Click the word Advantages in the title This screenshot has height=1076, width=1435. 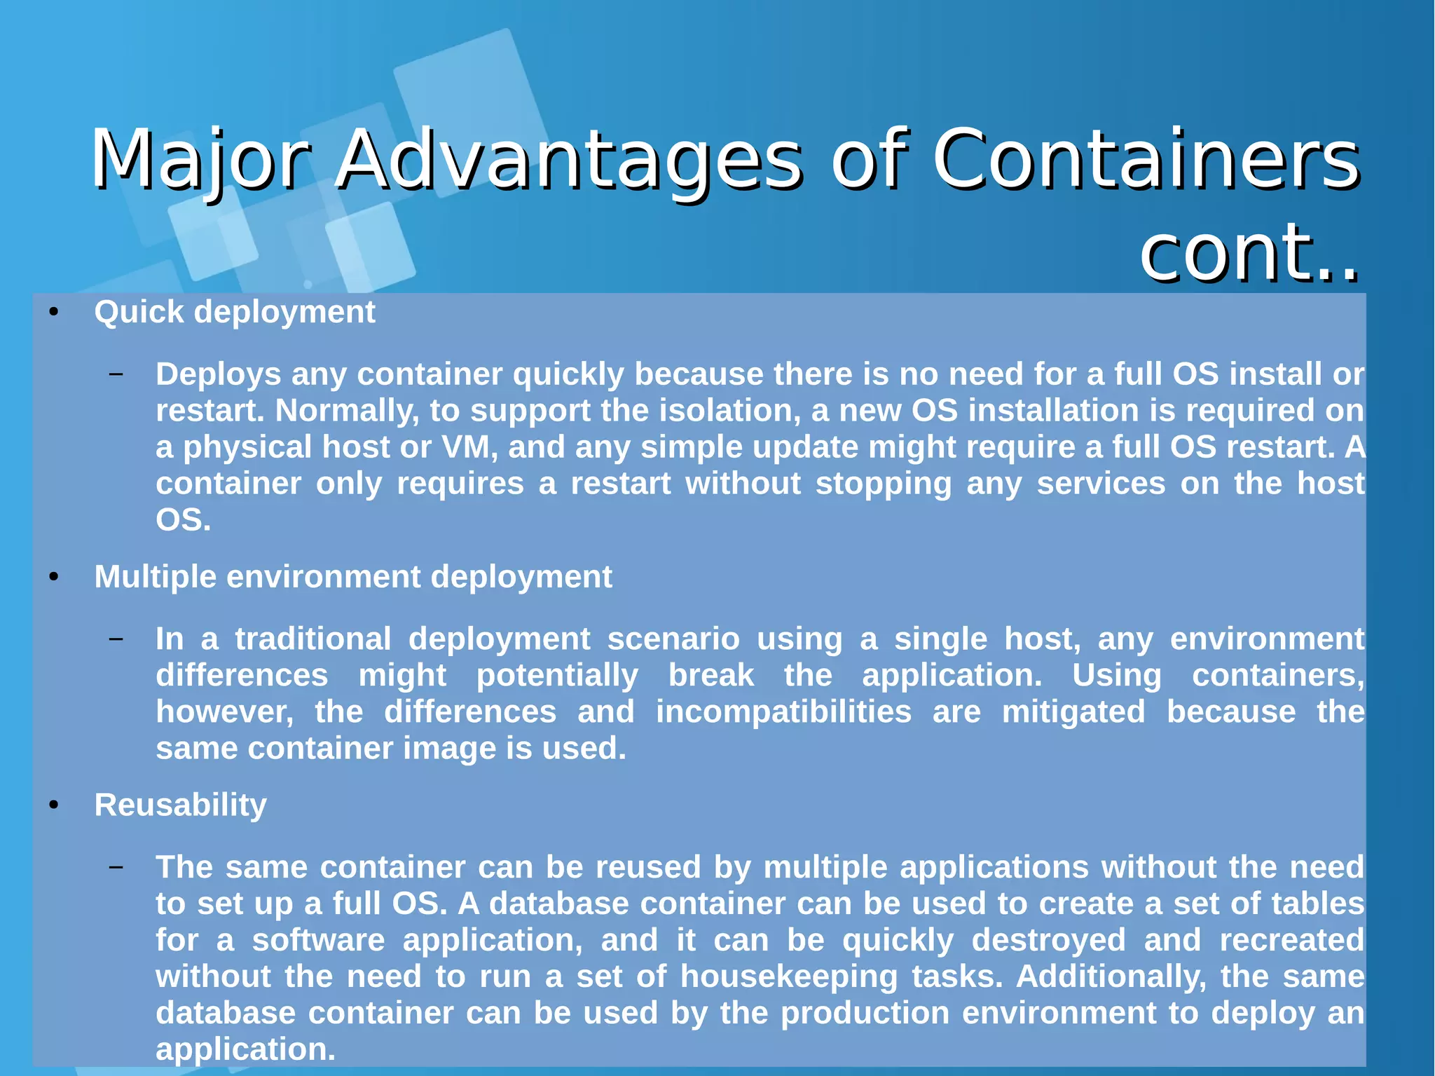[568, 160]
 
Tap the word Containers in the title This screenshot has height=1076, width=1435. [1145, 160]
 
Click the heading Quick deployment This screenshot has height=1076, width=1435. [235, 312]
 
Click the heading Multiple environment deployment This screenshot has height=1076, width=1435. [353, 577]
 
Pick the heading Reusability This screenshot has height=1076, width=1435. [181, 805]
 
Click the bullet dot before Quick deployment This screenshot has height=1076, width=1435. [54, 313]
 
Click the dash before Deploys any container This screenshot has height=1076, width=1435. [116, 374]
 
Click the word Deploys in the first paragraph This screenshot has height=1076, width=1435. [218, 374]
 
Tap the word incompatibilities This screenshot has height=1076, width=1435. [783, 712]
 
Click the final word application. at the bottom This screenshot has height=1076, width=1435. [246, 1049]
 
